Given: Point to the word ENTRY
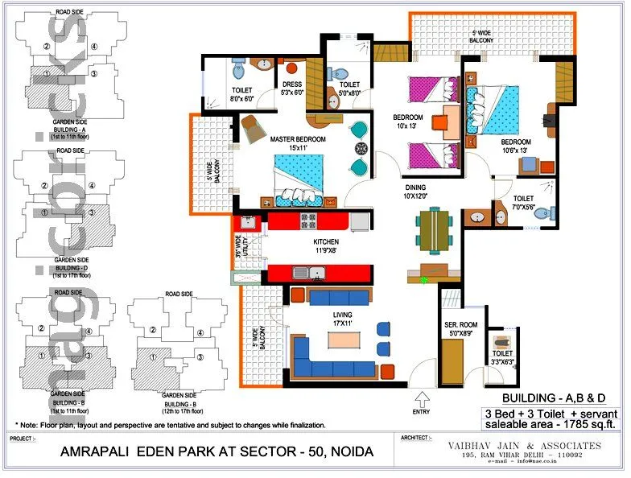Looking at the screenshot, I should (421, 411).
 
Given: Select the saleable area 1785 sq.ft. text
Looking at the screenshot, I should (551, 423).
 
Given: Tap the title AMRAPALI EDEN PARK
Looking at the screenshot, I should (217, 452).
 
